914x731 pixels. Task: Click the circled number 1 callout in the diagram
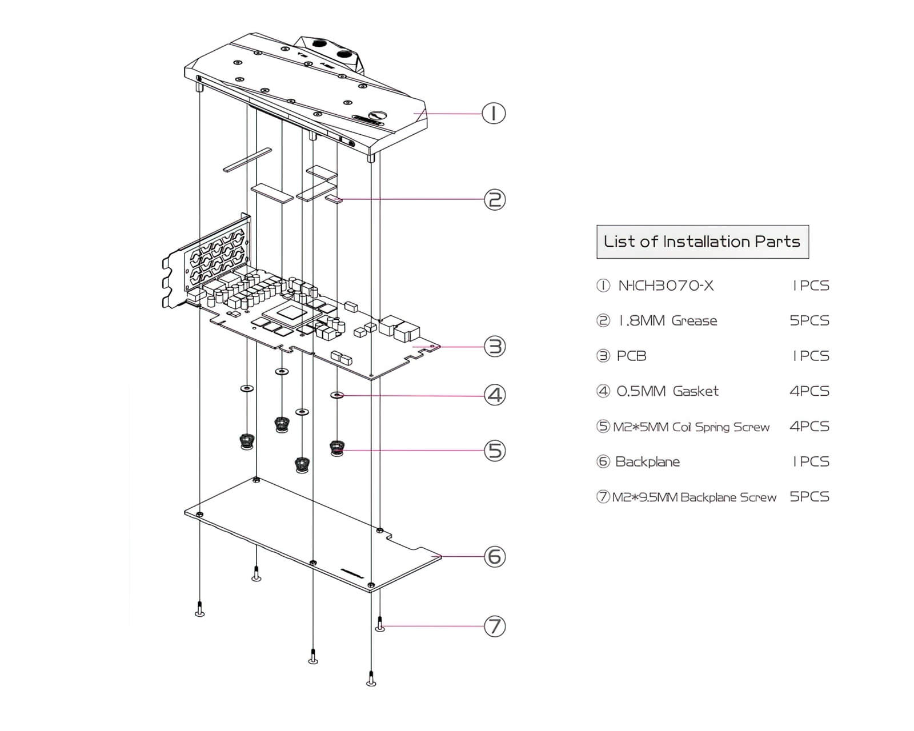point(494,113)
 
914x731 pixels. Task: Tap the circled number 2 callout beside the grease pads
point(495,199)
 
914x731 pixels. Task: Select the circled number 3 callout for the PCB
point(495,346)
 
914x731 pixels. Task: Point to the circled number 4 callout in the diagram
point(495,395)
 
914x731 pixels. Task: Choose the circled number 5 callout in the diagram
point(495,451)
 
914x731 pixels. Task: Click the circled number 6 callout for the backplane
point(495,556)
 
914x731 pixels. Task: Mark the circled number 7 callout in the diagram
point(495,626)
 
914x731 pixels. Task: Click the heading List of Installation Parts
point(702,242)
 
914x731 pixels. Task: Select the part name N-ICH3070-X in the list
point(666,286)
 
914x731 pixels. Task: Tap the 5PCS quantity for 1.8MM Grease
point(809,320)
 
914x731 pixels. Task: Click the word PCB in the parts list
point(631,356)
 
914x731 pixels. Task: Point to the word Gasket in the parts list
point(695,391)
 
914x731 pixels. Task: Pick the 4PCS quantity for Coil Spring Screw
point(809,426)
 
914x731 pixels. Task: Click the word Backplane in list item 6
point(647,461)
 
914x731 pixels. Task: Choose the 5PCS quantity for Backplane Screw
point(809,497)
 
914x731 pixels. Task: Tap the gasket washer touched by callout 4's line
point(337,395)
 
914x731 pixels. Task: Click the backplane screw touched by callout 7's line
point(380,624)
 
